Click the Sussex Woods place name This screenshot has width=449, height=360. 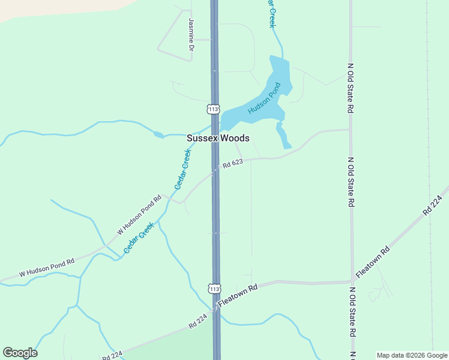coord(217,138)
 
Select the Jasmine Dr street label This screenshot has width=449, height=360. coord(191,34)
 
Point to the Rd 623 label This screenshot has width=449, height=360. coord(232,163)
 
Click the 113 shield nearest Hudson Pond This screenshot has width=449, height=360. coord(213,109)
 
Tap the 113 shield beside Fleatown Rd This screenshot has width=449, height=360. coord(215,289)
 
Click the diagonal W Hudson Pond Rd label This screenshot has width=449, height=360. coord(140,214)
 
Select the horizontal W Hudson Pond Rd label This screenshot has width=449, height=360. coord(47,267)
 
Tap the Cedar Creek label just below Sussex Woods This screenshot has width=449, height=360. coord(182,170)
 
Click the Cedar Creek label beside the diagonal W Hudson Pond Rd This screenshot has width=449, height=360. coord(139,237)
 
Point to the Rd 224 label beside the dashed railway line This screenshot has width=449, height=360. coord(436,200)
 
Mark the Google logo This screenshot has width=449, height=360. coord(20,353)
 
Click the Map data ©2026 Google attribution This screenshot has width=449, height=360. coord(412,355)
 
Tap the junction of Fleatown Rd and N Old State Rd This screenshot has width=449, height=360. coord(352,280)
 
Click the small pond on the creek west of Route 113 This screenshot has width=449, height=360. coord(158,135)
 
